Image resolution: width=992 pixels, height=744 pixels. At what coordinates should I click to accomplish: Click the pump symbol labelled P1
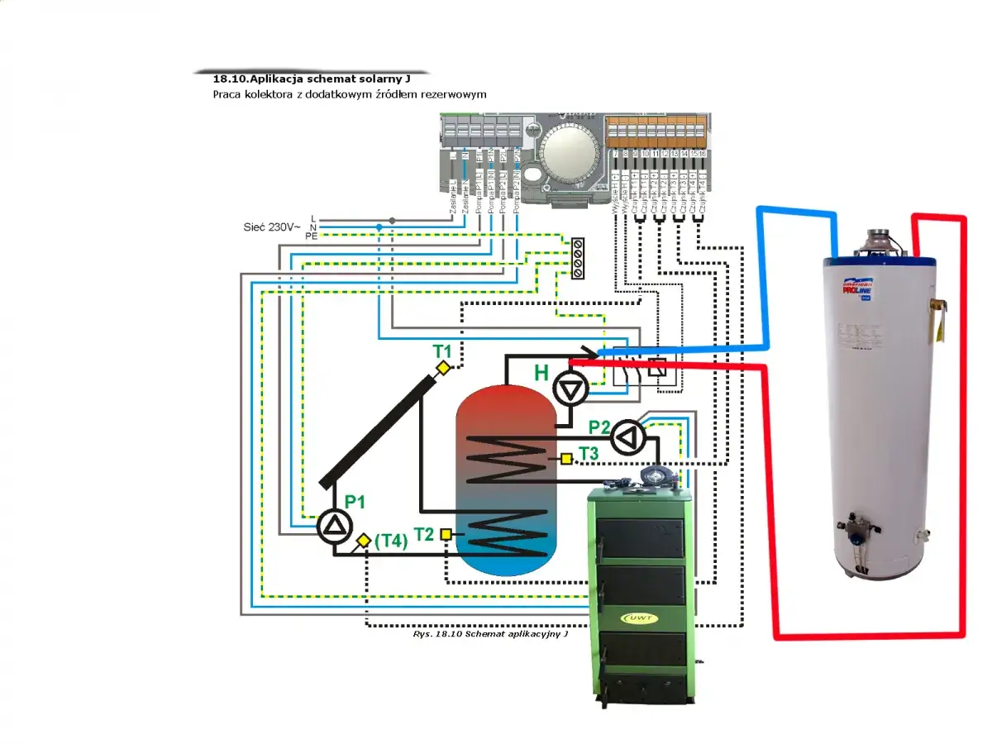click(335, 527)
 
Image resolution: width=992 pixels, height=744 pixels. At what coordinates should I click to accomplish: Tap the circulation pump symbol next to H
click(569, 388)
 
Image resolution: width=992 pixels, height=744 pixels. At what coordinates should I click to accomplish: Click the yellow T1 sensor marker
click(443, 368)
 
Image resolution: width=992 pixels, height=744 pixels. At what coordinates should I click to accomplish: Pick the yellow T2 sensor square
click(446, 534)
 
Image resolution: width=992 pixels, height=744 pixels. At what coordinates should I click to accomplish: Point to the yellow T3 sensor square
click(566, 458)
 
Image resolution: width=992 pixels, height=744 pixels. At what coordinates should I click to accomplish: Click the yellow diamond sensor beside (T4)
click(363, 541)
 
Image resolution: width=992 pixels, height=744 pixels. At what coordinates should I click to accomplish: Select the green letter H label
click(541, 373)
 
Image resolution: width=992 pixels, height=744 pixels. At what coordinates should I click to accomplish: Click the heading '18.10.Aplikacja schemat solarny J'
click(312, 80)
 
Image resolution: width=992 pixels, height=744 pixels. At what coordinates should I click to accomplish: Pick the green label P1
click(355, 502)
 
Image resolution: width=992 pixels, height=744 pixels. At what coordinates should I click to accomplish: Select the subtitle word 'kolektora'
click(269, 94)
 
